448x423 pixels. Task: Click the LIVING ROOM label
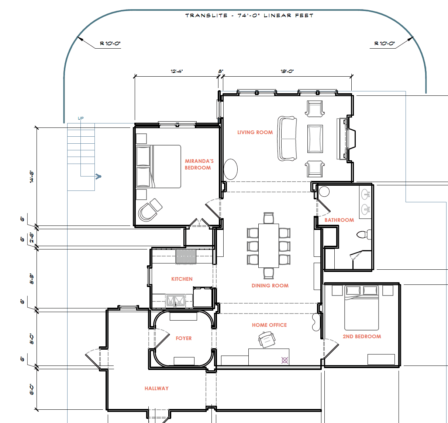point(255,132)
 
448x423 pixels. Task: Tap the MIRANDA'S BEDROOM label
point(199,164)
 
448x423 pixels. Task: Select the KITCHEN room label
point(182,279)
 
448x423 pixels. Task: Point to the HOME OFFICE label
point(269,325)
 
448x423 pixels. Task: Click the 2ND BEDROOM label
point(362,336)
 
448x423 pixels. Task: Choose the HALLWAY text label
point(156,388)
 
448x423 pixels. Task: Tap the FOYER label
point(184,338)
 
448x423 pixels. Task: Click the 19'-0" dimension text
point(287,71)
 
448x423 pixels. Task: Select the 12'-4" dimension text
point(177,71)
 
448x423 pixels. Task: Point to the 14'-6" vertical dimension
point(32,177)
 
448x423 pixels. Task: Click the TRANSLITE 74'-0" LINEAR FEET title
point(249,15)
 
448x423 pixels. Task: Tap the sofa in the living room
point(287,139)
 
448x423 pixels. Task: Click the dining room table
point(269,246)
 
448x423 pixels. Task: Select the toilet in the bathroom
point(364,234)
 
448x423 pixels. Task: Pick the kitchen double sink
point(175,301)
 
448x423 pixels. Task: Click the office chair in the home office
point(266,339)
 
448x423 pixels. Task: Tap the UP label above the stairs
point(81,118)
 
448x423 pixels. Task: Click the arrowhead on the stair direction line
point(99,176)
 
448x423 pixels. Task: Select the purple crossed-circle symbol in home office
point(285,360)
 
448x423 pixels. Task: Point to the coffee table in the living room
point(315,139)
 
